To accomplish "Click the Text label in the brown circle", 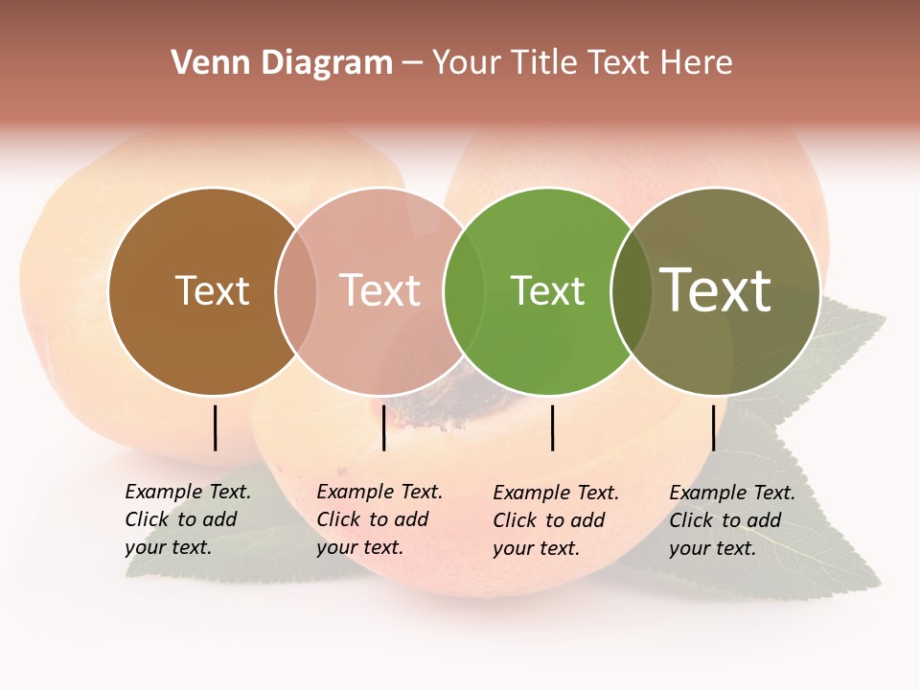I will pos(212,290).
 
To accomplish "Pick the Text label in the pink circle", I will pos(379,290).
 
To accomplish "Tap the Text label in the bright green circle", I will pos(547,290).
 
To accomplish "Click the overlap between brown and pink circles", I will pos(296,291).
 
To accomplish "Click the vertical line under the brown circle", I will pos(215,427).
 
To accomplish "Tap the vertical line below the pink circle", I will pos(383,427).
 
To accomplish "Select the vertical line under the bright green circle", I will pos(552,427).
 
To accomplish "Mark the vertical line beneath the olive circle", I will pos(713,427).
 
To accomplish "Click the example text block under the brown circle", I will pos(187,519).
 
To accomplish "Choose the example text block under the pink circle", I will pos(379,519).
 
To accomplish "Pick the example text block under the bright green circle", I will pos(555,520).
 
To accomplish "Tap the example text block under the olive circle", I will pos(731,520).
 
